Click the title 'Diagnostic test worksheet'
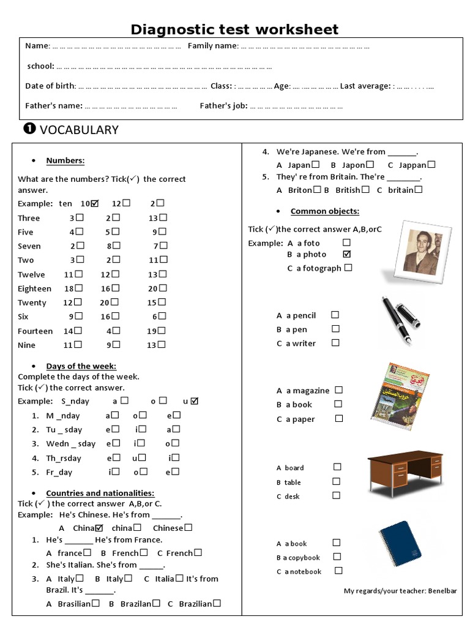[234, 29]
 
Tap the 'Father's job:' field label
[223, 106]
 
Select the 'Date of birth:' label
[51, 86]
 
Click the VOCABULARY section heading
[78, 129]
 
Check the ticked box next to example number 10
[94, 203]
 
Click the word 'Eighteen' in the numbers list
[34, 288]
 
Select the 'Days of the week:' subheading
[81, 366]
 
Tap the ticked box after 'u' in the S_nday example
[195, 401]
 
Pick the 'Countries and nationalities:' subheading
[100, 493]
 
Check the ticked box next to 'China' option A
[99, 528]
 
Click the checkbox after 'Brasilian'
[96, 603]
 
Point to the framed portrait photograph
[421, 252]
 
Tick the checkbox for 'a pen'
[335, 329]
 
